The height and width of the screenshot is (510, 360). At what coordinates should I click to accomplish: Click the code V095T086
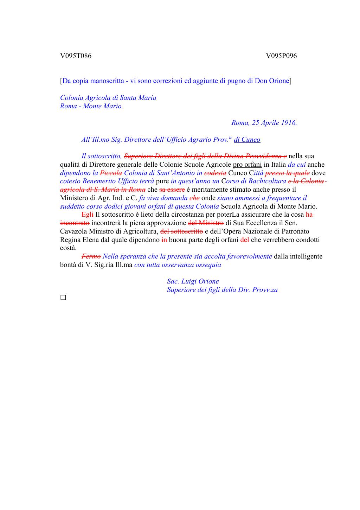76,56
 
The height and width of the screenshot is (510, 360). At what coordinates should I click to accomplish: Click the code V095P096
281,56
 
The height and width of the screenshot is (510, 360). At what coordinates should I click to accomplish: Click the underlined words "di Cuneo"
247,140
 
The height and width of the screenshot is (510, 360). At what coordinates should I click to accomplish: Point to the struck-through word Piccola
111,173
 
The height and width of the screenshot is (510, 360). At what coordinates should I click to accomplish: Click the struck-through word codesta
215,173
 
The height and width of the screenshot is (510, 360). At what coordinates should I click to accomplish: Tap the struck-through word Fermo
91,256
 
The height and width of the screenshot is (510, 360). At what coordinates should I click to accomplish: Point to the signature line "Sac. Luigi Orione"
193,281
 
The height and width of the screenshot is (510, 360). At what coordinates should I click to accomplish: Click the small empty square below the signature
63,298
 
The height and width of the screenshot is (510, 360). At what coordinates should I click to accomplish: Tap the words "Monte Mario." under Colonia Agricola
103,106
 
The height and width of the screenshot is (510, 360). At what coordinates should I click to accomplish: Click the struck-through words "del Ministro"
206,223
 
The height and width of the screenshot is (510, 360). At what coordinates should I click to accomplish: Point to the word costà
68,248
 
